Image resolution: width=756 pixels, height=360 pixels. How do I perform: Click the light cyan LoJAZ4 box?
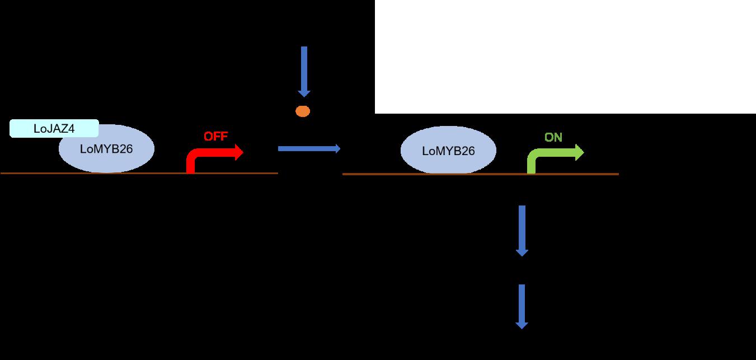[x=54, y=129]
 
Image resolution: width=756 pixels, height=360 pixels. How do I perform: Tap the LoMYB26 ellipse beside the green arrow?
[x=448, y=151]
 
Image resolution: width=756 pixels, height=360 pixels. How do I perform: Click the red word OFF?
[x=215, y=137]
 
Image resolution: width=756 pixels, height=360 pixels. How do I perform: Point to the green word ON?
[x=553, y=137]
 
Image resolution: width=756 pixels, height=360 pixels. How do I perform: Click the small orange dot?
[x=303, y=111]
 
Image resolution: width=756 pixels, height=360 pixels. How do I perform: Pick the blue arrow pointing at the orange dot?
[x=304, y=70]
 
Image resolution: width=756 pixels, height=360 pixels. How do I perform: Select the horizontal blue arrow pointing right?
[x=308, y=148]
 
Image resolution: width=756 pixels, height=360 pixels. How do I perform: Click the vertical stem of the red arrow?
[x=190, y=165]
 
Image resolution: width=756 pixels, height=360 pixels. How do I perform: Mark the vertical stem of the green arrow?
[x=532, y=165]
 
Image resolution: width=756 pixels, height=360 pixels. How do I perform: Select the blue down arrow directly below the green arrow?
[x=522, y=230]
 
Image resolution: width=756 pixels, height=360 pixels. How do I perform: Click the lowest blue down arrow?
[x=522, y=306]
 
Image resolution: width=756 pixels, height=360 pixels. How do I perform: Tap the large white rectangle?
[x=565, y=56]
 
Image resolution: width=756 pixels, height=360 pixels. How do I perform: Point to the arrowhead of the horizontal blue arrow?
[x=337, y=148]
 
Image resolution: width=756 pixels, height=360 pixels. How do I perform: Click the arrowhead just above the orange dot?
[x=304, y=93]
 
